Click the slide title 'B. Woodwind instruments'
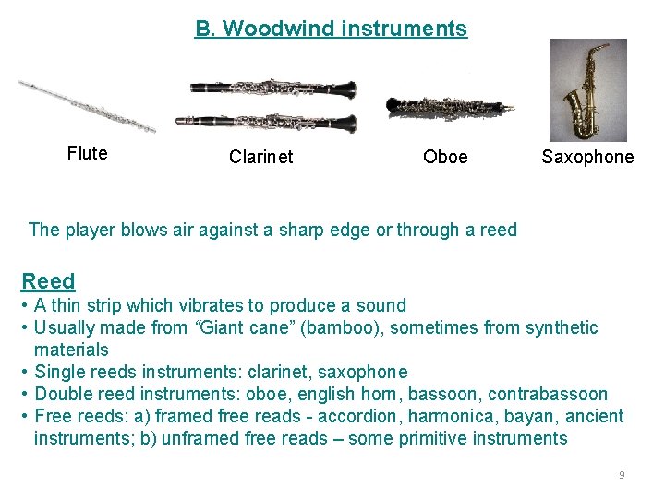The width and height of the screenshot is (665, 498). point(331,29)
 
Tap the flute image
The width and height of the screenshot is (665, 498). point(87,105)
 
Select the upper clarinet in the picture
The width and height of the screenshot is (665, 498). point(273,89)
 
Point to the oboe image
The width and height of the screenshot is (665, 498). point(450,106)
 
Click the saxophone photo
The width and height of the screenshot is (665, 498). point(587,89)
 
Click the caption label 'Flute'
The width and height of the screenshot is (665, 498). point(87,153)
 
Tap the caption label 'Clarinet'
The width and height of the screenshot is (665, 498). point(260,157)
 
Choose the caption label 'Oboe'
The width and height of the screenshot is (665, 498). point(445,157)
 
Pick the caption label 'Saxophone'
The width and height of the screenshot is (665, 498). point(587,157)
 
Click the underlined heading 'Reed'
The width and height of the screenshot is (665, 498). point(48,280)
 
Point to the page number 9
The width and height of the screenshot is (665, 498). point(622,474)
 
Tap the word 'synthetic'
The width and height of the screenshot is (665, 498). point(562,327)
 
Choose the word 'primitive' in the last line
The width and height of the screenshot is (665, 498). point(422,438)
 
